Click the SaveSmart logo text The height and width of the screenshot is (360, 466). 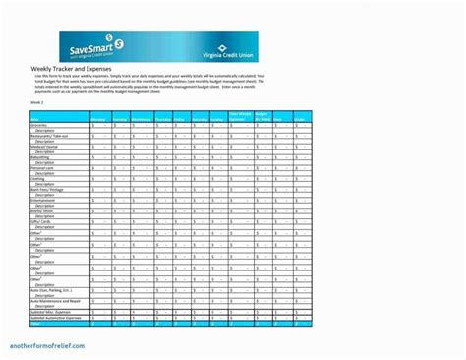(91, 44)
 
